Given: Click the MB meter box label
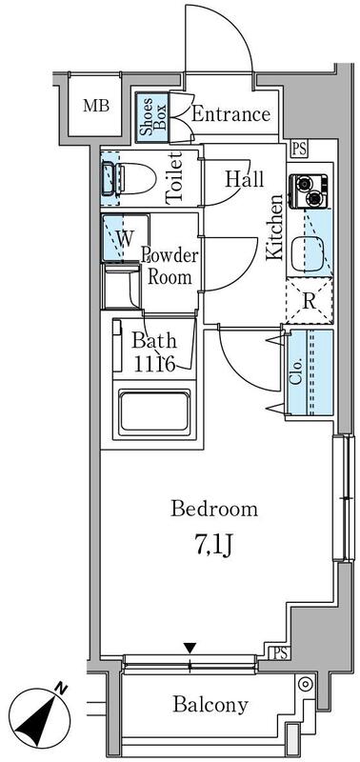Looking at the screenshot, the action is click(95, 106).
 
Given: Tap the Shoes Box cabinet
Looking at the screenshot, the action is click(152, 117).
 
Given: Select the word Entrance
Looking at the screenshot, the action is click(230, 114).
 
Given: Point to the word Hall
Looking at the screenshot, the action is click(245, 179).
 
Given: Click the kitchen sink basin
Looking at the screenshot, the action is click(306, 254).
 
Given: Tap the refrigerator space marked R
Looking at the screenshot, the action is click(310, 301).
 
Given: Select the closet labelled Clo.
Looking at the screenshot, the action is click(310, 372).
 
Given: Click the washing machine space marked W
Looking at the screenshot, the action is click(125, 238).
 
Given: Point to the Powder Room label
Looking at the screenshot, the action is click(170, 266).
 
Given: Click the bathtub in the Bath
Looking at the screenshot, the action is click(154, 411).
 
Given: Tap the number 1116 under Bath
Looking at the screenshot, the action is click(154, 365).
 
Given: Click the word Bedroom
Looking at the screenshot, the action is click(213, 510).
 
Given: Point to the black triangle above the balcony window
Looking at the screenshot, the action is click(190, 649).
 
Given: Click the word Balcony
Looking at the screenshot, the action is click(210, 704).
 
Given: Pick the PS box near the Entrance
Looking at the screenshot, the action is click(300, 149).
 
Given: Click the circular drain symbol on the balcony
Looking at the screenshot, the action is click(305, 685).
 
